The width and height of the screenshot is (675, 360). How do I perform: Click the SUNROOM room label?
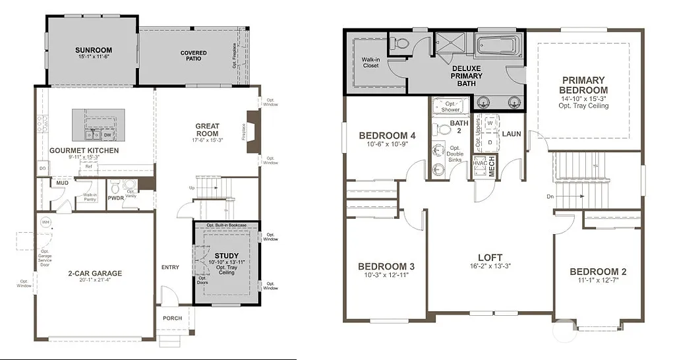pyautogui.click(x=93, y=50)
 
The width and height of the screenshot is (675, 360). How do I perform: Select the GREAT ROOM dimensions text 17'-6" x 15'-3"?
pyautogui.click(x=207, y=140)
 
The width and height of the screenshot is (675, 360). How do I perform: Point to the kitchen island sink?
pyautogui.click(x=92, y=135)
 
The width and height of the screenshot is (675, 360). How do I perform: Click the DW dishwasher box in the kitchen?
pyautogui.click(x=107, y=135)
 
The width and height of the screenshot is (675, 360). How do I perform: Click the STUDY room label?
pyautogui.click(x=227, y=256)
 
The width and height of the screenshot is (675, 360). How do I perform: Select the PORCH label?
pyautogui.click(x=173, y=318)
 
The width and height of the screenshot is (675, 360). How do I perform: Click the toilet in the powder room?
pyautogui.click(x=117, y=188)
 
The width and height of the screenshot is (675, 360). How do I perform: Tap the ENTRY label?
pyautogui.click(x=170, y=267)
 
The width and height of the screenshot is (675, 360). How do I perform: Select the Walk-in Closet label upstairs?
pyautogui.click(x=371, y=63)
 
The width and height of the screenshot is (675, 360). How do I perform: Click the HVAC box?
pyautogui.click(x=479, y=163)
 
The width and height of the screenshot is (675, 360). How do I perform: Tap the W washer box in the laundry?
pyautogui.click(x=490, y=123)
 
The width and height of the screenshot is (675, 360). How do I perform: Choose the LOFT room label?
pyautogui.click(x=490, y=258)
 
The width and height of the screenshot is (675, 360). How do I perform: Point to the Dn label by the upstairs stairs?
pyautogui.click(x=550, y=196)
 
